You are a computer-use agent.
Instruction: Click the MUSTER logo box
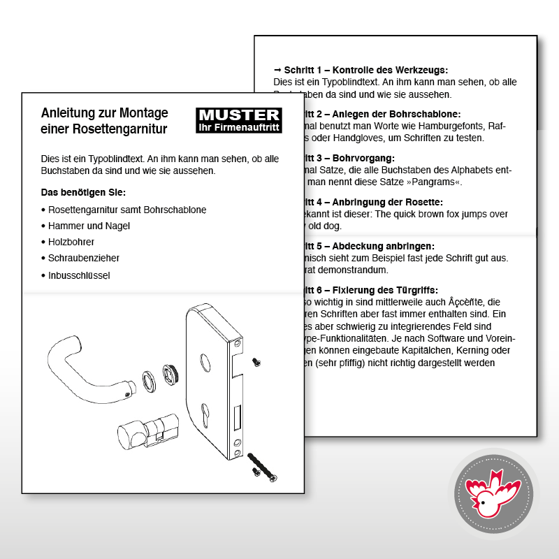239,120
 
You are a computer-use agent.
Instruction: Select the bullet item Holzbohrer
71,242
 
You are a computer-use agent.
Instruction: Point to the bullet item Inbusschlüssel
79,275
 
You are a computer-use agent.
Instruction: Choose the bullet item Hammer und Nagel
89,226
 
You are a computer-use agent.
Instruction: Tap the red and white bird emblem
495,494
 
